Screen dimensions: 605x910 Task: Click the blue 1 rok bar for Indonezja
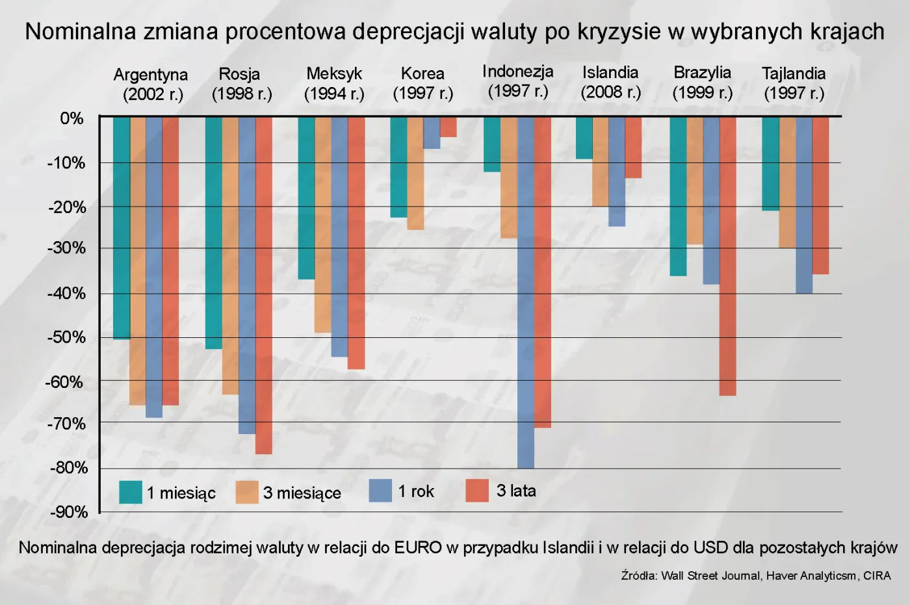[526, 292]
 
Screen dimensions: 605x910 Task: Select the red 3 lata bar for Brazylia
[728, 256]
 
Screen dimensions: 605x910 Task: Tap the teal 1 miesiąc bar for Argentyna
[122, 228]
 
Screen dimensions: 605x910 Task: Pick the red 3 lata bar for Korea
[448, 127]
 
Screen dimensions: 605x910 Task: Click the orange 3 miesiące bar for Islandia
[601, 162]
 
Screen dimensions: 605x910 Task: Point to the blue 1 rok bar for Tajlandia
[804, 205]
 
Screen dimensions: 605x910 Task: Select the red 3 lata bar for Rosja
[264, 285]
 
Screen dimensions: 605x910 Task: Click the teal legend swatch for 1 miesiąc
[131, 492]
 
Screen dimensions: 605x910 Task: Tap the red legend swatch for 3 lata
[477, 491]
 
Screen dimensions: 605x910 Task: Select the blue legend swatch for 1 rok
[380, 491]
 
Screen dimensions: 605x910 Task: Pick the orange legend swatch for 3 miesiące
[247, 492]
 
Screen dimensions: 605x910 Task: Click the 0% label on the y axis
[71, 118]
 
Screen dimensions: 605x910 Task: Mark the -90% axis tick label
[69, 512]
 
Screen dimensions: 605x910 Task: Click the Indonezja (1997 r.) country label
[518, 81]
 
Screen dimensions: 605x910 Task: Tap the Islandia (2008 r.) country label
[610, 83]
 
